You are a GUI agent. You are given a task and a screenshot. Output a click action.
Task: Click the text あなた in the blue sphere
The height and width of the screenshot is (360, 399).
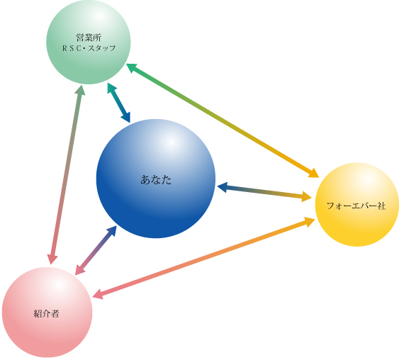pos(156,179)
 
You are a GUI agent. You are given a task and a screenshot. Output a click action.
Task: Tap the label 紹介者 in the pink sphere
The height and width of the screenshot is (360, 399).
pos(46,313)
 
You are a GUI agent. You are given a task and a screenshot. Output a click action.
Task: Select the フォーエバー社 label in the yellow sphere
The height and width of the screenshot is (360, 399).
pos(356,206)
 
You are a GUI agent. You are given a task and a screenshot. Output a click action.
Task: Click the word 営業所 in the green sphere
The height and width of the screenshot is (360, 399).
pos(89,38)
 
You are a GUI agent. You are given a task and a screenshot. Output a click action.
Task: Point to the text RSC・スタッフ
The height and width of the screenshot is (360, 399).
pos(89,48)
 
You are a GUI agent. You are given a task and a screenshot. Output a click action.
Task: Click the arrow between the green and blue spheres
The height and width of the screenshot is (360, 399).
pos(119,103)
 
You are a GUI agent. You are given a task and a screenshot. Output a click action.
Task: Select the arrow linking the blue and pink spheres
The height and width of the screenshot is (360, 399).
pos(96,251)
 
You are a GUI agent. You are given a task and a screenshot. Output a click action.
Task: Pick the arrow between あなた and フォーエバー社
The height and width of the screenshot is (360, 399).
pos(264,192)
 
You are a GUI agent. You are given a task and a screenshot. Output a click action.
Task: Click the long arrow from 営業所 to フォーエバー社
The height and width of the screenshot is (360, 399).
pos(223,120)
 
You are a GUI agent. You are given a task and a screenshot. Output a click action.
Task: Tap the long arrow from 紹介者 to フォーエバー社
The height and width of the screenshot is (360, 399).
pos(204,258)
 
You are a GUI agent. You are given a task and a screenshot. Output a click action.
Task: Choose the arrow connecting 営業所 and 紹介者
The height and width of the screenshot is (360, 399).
pos(66,176)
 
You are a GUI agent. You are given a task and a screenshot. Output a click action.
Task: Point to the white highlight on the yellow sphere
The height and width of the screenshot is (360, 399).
pos(368,180)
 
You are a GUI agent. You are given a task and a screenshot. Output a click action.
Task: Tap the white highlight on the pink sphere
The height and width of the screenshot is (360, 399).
pos(57,284)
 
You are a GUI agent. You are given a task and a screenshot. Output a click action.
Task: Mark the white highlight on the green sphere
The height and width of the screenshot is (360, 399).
pos(100,16)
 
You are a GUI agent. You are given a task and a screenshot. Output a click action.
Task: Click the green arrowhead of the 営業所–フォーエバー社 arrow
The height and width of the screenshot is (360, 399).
pos(132,67)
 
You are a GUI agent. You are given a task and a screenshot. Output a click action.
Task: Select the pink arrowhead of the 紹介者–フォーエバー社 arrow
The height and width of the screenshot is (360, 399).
pos(98,294)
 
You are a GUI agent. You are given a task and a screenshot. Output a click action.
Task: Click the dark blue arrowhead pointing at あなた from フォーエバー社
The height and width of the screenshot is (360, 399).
pos(222,187)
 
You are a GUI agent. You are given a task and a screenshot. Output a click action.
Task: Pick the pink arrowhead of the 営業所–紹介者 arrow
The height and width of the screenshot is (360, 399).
pos(52,259)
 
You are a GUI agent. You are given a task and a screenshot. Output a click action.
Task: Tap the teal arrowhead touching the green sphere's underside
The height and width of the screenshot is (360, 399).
pos(111,88)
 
